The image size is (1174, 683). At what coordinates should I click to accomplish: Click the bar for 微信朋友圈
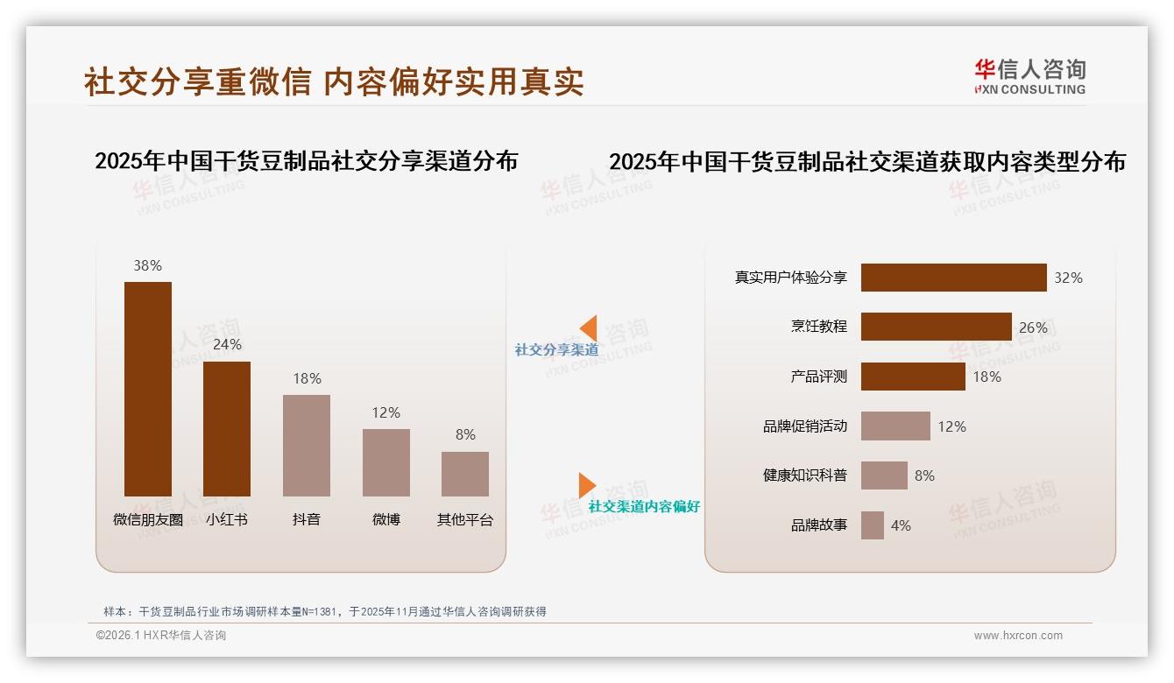tap(148, 389)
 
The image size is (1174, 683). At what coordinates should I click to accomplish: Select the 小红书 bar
tap(227, 429)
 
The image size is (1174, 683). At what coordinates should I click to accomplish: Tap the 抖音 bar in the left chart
tap(307, 446)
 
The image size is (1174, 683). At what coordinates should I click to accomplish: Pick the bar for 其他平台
tap(465, 474)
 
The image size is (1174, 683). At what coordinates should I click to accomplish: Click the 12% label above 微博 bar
tap(385, 412)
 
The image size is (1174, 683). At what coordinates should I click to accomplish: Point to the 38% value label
tap(147, 265)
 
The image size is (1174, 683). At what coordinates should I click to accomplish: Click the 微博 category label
tap(385, 519)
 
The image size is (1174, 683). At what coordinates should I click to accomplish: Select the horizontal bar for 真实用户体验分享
tap(953, 278)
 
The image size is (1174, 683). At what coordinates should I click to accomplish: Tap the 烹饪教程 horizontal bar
tap(936, 327)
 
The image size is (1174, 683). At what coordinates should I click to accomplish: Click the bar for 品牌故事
tap(872, 525)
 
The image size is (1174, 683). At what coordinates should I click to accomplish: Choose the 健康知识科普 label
tap(804, 475)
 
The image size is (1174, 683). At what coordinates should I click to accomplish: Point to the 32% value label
tap(1068, 278)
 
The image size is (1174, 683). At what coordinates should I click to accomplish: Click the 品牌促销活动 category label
tap(804, 426)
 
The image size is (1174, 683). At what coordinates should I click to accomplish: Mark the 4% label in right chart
tap(901, 525)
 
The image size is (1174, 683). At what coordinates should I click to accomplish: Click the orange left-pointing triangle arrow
tap(589, 327)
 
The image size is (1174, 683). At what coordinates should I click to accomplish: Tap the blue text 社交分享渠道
tap(556, 349)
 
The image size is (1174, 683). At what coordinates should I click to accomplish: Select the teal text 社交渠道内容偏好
tap(644, 506)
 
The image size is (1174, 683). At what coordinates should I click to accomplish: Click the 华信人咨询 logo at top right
tap(1029, 76)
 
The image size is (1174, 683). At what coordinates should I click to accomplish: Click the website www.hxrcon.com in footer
tap(1017, 636)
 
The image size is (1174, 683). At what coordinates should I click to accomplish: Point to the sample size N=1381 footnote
tap(324, 611)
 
